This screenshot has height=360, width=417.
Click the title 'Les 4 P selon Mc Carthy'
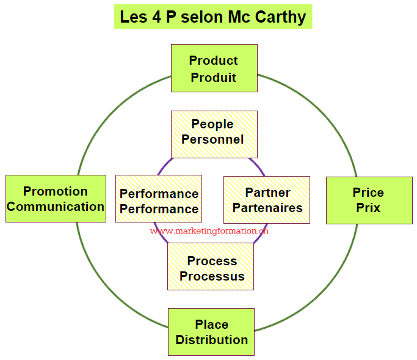pos(212,17)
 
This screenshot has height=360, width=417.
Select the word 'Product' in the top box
pos(213,61)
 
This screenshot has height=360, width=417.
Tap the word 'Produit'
pos(213,78)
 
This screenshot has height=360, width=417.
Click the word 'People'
pos(212,124)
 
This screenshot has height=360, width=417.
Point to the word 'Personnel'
pos(212,139)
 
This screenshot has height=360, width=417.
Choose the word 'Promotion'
pos(55,191)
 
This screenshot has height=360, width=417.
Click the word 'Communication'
pos(55,207)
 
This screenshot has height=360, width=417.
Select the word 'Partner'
pos(267,193)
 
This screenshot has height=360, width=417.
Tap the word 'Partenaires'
pos(267,208)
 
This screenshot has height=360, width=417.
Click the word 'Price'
pos(368,193)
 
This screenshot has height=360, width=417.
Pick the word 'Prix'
pos(368,208)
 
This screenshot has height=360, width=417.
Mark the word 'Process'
pos(212,261)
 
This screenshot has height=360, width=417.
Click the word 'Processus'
pos(212,276)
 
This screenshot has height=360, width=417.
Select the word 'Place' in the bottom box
pos(211,325)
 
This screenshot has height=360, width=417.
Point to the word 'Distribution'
pos(211,340)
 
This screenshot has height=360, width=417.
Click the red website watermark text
pos(209,232)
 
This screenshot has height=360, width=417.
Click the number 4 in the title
pos(156,17)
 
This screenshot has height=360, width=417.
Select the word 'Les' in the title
pos(134,17)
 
